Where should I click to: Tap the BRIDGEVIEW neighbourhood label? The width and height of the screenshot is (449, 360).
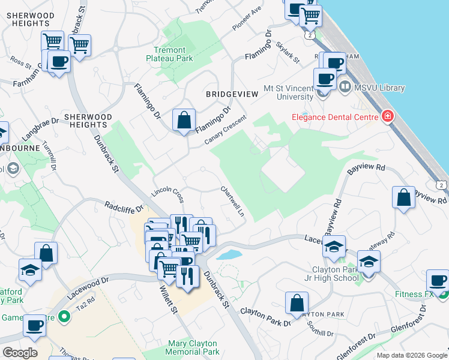click(x=232, y=94)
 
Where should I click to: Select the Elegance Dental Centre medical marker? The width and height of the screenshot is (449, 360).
click(x=387, y=115)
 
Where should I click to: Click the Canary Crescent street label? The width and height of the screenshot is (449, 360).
click(x=225, y=129)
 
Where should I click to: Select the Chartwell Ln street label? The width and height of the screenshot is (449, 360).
click(x=234, y=202)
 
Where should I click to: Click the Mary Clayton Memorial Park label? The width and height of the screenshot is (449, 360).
click(x=185, y=347)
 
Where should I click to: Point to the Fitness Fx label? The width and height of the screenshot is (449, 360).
click(x=414, y=294)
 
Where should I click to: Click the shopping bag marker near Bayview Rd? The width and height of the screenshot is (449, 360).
click(x=403, y=198)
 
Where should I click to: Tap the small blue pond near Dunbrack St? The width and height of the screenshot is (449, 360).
click(x=229, y=254)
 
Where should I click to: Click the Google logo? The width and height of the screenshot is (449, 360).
click(x=20, y=352)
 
